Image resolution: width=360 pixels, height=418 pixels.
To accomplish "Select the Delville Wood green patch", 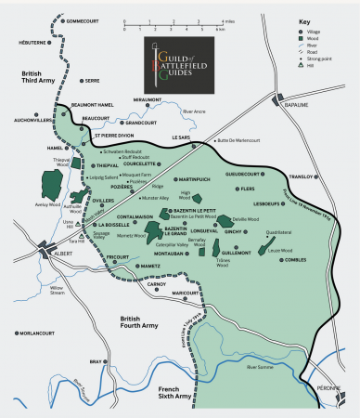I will (x=227, y=221).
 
